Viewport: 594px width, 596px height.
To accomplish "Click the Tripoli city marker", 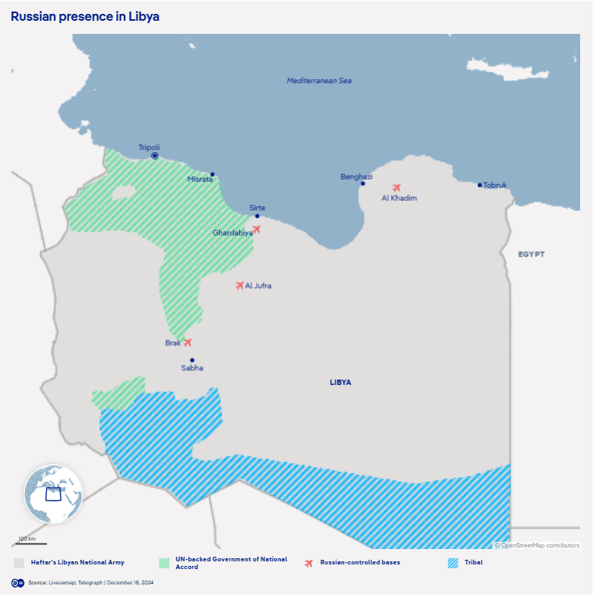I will (155, 156).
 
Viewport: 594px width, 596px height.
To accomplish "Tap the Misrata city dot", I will (212, 174).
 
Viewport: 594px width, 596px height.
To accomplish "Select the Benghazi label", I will (356, 176).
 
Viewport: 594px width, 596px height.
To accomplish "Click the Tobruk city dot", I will (479, 185).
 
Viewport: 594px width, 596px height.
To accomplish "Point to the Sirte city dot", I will (257, 216).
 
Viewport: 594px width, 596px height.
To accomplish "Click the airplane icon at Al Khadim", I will (397, 187).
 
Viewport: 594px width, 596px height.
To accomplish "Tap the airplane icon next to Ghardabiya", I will (256, 229).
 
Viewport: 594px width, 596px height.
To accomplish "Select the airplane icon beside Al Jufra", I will (239, 285).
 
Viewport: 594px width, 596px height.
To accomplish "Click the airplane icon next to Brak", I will (187, 343).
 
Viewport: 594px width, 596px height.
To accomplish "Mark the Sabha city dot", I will (192, 360).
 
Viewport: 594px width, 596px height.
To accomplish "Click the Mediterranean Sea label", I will (319, 81).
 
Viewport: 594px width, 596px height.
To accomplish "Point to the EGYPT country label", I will (531, 254).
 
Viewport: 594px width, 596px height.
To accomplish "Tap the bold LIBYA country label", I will (340, 382).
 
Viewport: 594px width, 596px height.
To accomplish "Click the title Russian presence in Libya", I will (85, 16).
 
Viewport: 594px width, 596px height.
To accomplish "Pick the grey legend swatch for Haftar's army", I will (19, 563).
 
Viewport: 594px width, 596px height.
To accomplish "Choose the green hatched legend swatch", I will (163, 563).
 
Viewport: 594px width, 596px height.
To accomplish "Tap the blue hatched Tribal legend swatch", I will (452, 563).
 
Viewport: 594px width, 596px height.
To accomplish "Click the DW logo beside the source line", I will (17, 583).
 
